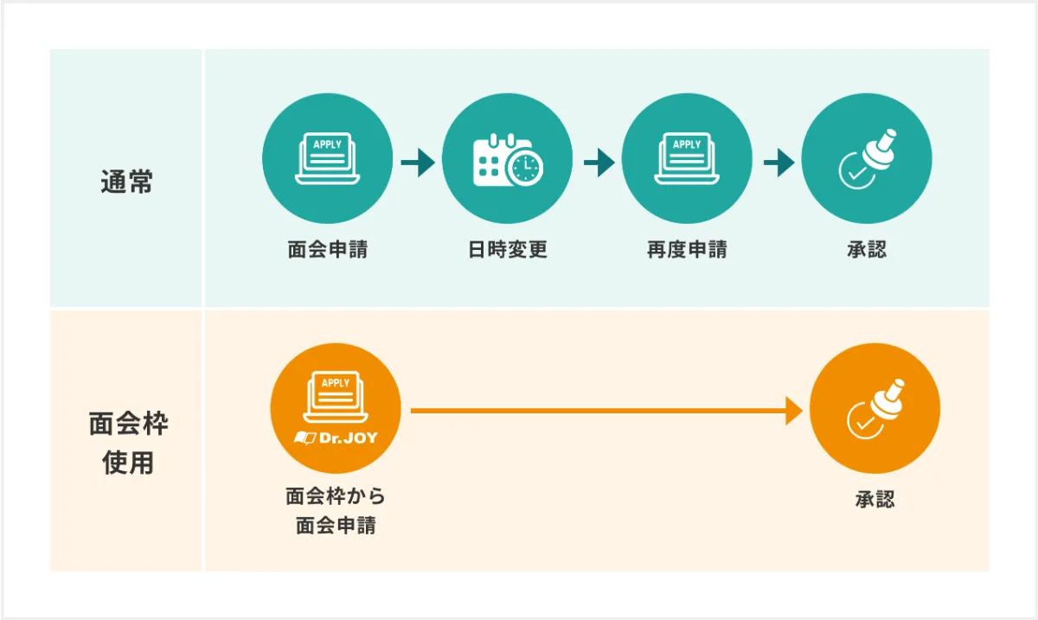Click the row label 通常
(126, 183)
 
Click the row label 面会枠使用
(128, 444)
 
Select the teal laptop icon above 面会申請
(327, 159)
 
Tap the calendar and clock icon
(507, 159)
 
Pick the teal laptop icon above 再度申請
(687, 159)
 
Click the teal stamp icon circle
(867, 159)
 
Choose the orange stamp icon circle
(875, 409)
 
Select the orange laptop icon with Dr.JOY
(336, 409)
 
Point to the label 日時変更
(508, 250)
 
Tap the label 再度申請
(687, 250)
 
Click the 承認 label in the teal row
(867, 250)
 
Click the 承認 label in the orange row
(875, 499)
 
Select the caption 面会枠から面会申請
(336, 511)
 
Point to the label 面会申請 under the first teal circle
(327, 250)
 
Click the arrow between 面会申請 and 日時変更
(418, 162)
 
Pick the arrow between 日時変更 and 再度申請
(599, 162)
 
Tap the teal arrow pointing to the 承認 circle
(778, 162)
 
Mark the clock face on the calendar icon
(524, 168)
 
